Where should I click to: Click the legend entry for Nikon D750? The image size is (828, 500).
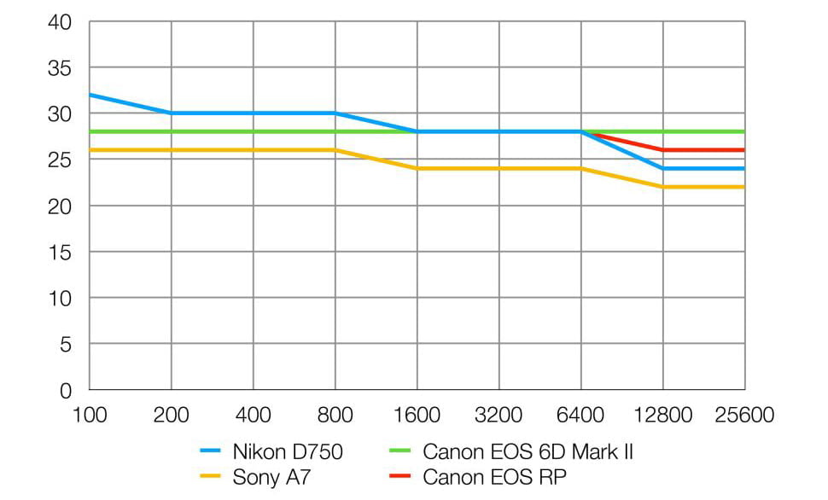point(287,452)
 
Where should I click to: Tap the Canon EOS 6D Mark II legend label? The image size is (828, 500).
point(528,452)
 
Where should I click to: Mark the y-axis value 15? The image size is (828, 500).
point(61,252)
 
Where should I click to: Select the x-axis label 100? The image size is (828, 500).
point(90,416)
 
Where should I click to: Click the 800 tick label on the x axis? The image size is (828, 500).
point(335,416)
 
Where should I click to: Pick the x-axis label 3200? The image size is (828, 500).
point(499,416)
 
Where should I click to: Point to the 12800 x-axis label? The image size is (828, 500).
point(662,416)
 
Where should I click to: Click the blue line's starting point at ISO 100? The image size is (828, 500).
point(90,95)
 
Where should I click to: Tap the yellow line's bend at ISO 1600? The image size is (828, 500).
point(417,168)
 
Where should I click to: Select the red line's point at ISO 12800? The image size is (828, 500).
point(663,150)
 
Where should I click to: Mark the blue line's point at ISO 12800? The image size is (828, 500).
point(663,168)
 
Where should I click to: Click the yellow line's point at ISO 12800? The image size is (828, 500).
point(663,187)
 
